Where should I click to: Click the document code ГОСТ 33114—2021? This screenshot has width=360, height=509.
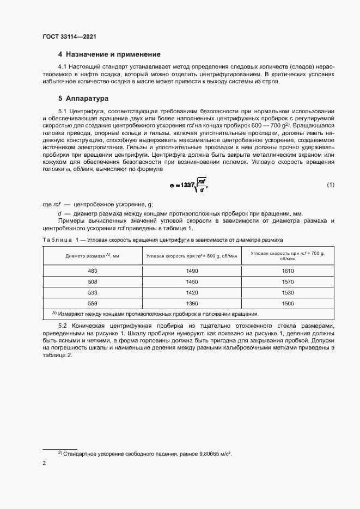point(69,36)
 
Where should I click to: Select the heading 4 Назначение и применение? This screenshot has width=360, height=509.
point(109,54)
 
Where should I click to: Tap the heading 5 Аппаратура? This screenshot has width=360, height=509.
point(83,99)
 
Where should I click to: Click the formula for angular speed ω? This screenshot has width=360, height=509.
point(188,185)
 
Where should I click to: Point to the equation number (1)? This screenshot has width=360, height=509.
point(331,185)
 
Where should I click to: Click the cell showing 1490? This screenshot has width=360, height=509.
point(192,271)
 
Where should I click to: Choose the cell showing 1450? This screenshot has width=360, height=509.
point(192,281)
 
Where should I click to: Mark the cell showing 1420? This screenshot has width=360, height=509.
point(192,292)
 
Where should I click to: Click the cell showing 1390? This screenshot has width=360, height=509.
point(192,303)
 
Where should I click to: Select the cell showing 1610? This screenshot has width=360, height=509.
point(288,271)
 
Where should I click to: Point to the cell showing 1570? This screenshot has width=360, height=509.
point(288,281)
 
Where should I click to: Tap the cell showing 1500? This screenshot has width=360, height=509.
point(288,303)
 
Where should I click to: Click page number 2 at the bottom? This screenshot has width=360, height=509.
point(44,463)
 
